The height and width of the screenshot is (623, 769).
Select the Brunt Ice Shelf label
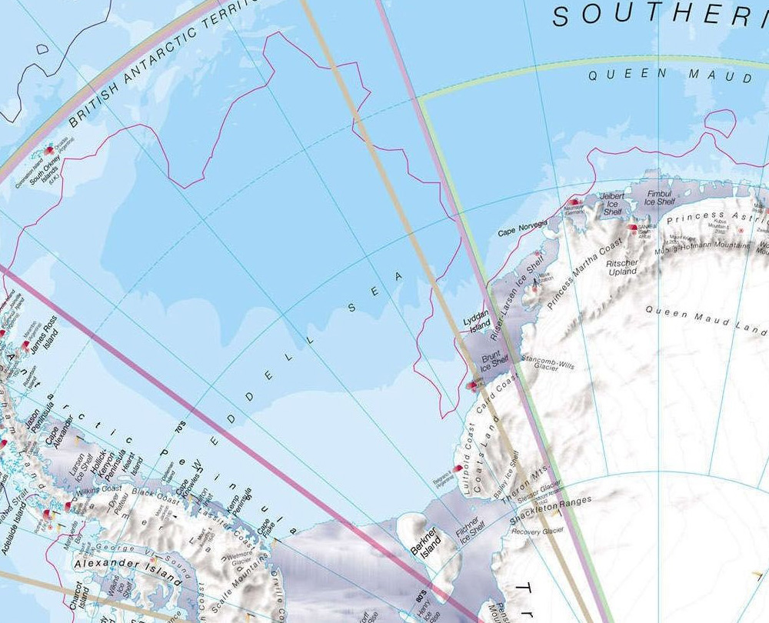pos(495,363)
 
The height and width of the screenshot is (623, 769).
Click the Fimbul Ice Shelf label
pos(660,198)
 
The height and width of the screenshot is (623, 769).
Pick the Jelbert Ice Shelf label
pos(612,202)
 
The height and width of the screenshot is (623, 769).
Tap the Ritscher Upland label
pos(622,267)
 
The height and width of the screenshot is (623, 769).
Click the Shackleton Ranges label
pos(551,511)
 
